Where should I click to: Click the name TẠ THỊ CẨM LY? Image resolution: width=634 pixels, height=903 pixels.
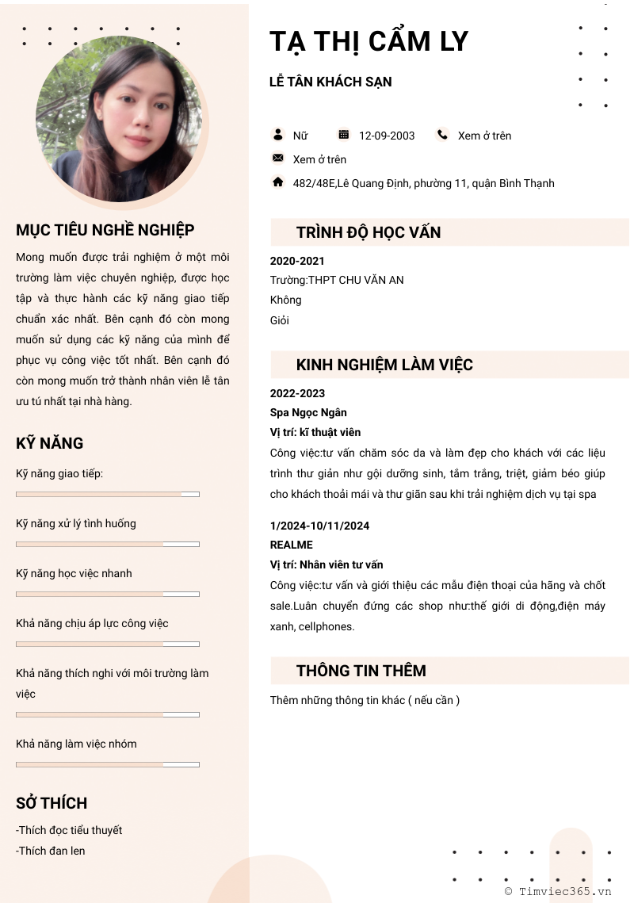click(369, 41)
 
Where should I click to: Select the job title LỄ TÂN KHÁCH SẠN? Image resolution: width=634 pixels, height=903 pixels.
click(330, 82)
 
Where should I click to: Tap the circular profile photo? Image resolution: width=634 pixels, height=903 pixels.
click(119, 119)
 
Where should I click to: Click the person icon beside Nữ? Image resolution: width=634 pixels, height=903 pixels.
click(278, 135)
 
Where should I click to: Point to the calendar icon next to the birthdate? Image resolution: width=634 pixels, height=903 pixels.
click(343, 135)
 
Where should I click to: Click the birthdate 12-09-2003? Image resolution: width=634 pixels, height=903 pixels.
click(387, 136)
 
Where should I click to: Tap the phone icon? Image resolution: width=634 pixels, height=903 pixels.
click(442, 135)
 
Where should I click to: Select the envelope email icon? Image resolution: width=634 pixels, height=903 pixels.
click(278, 159)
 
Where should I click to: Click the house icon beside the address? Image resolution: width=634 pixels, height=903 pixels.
click(278, 182)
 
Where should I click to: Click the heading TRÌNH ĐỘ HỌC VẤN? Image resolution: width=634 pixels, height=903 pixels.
click(369, 232)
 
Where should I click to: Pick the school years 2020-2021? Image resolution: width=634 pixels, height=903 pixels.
click(297, 261)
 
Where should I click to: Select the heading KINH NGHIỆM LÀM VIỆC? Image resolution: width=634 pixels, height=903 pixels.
click(384, 365)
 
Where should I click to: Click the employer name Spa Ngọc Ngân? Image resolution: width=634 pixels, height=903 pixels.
click(308, 412)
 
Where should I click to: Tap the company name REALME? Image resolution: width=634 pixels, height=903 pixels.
click(292, 545)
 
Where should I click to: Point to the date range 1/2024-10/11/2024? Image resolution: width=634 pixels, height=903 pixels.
click(319, 526)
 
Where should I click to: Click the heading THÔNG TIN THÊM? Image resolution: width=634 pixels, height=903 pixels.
click(361, 671)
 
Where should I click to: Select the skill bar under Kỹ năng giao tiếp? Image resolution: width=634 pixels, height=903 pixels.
click(108, 494)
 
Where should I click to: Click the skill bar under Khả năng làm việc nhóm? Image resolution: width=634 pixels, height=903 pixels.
click(108, 764)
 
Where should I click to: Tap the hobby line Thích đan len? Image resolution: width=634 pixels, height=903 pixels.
click(51, 851)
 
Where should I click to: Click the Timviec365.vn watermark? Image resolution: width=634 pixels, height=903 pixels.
click(559, 891)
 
